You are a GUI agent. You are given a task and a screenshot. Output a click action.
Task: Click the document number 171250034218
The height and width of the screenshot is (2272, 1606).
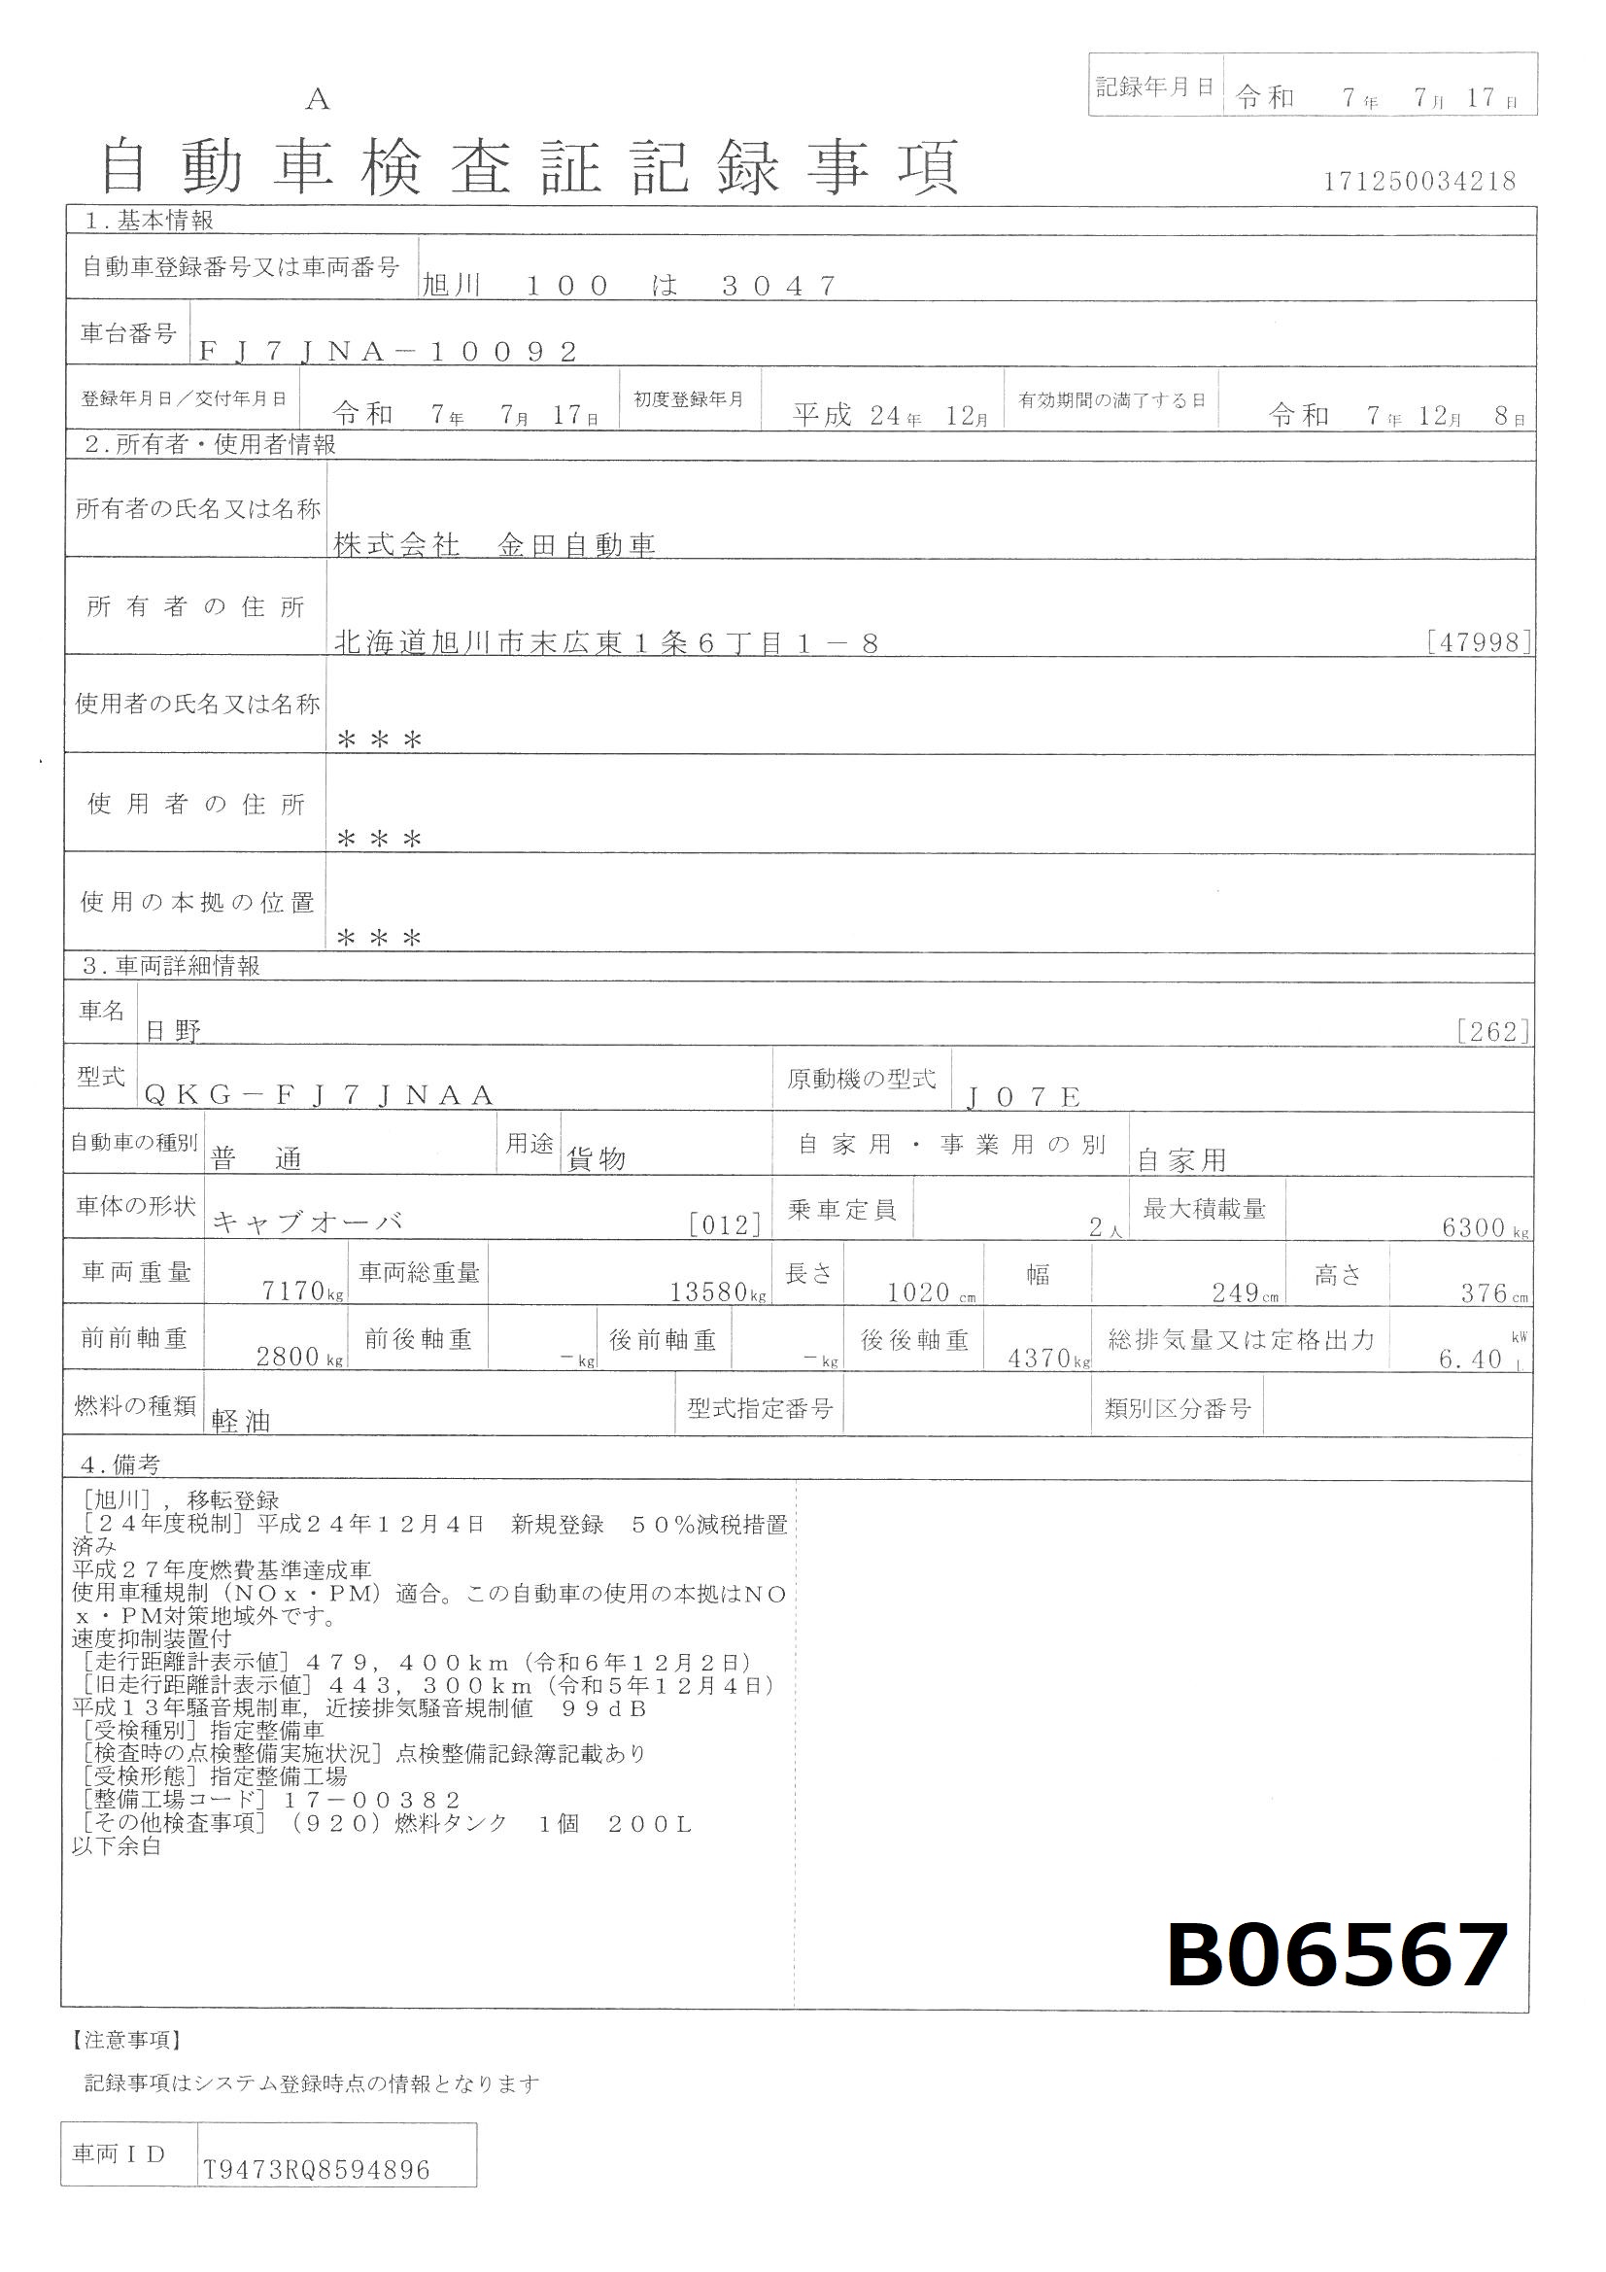pyautogui.click(x=1419, y=181)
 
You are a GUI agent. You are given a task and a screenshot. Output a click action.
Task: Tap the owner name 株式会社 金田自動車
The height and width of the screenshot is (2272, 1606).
pyautogui.click(x=495, y=545)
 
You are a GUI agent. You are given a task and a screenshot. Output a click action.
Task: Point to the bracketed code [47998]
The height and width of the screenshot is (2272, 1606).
pyautogui.click(x=1480, y=642)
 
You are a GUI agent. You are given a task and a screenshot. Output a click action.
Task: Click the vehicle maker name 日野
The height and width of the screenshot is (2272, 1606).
pyautogui.click(x=173, y=1031)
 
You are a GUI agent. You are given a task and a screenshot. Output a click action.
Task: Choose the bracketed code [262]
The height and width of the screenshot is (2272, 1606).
pyautogui.click(x=1493, y=1031)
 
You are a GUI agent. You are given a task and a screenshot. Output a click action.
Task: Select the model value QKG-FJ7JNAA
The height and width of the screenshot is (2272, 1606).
pyautogui.click(x=319, y=1094)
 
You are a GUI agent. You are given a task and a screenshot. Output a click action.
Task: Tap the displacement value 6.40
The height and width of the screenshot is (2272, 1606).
pyautogui.click(x=1470, y=1360)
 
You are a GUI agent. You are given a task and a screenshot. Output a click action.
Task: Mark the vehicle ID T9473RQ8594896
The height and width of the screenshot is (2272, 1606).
pyautogui.click(x=317, y=2170)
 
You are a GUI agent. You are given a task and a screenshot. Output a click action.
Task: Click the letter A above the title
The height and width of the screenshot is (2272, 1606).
pyautogui.click(x=318, y=99)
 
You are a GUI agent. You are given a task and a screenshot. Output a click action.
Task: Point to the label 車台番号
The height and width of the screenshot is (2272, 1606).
pyautogui.click(x=127, y=333)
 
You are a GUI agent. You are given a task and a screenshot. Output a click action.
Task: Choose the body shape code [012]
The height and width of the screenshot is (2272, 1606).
pyautogui.click(x=726, y=1226)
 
